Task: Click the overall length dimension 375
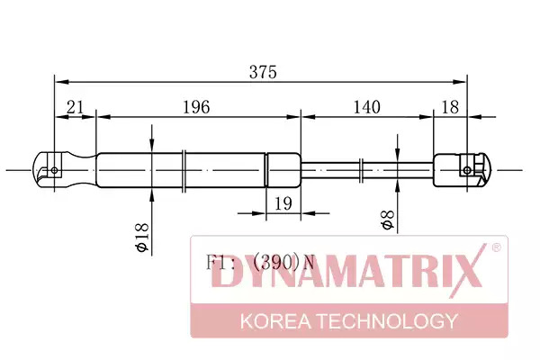click(263, 72)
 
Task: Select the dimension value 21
click(75, 107)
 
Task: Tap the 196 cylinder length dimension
click(195, 107)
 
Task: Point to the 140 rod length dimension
click(367, 107)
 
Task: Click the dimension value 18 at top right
click(450, 107)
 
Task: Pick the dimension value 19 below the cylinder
click(283, 203)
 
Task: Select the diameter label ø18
click(142, 238)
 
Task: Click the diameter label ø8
click(387, 220)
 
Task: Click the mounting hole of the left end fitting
click(54, 170)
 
